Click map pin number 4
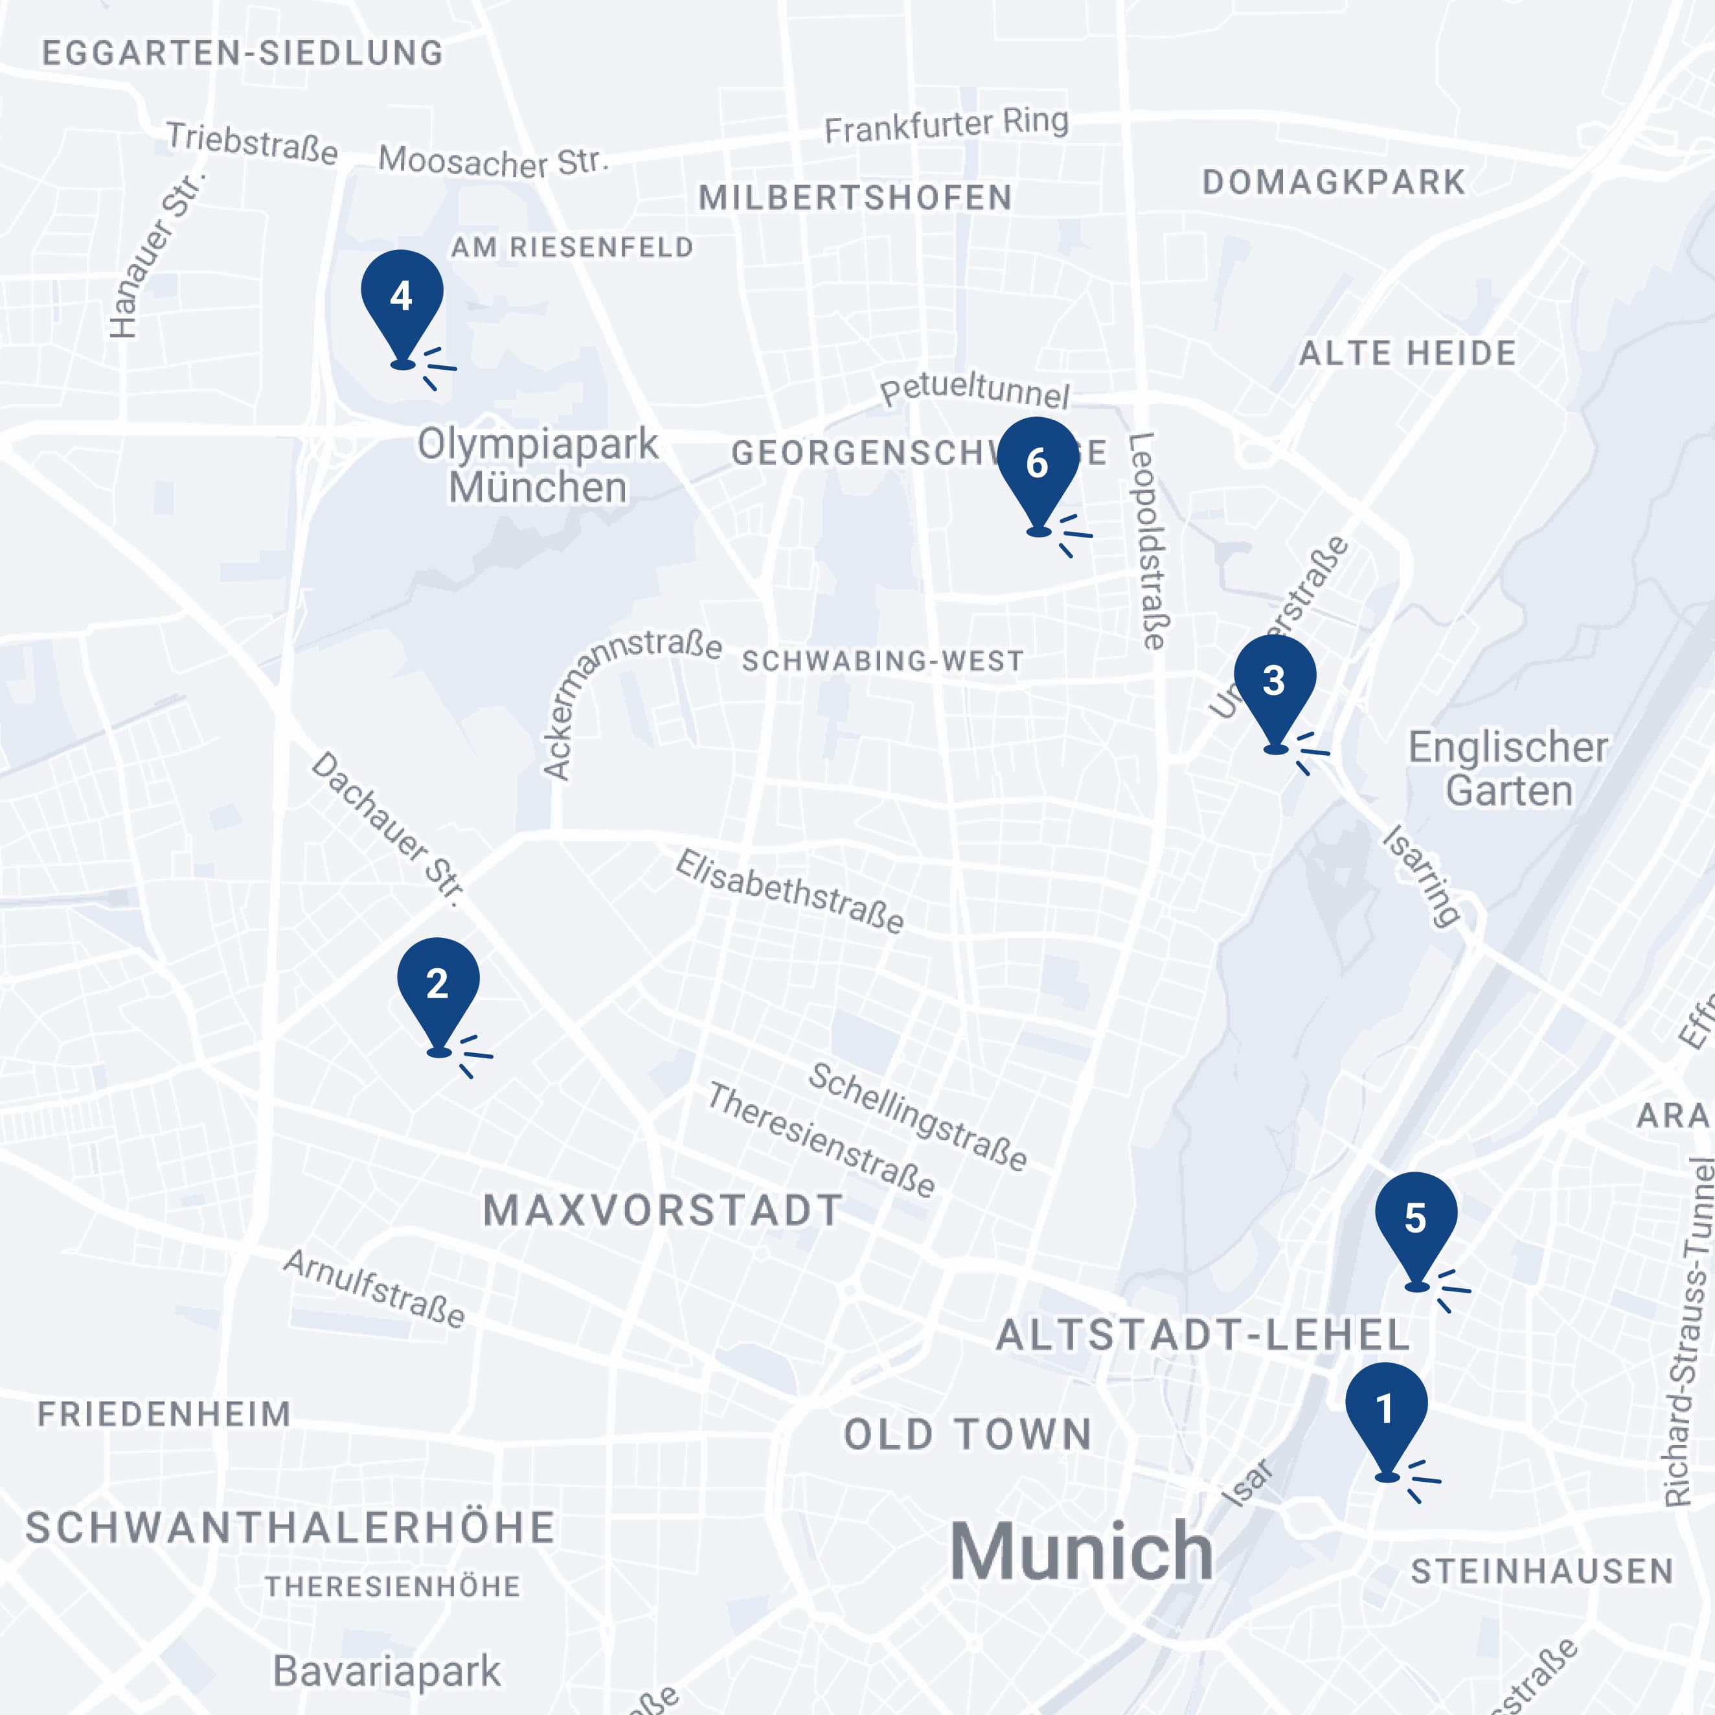[x=402, y=302]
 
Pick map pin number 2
[x=438, y=989]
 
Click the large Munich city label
[x=1081, y=1552]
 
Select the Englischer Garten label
[x=1508, y=769]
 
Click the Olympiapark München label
[x=538, y=465]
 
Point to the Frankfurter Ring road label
[x=946, y=125]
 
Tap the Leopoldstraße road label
[x=1148, y=541]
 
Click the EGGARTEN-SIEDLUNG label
[x=242, y=53]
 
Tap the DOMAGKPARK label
[x=1334, y=182]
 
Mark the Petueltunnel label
[x=975, y=389]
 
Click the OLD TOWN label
[x=968, y=1435]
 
